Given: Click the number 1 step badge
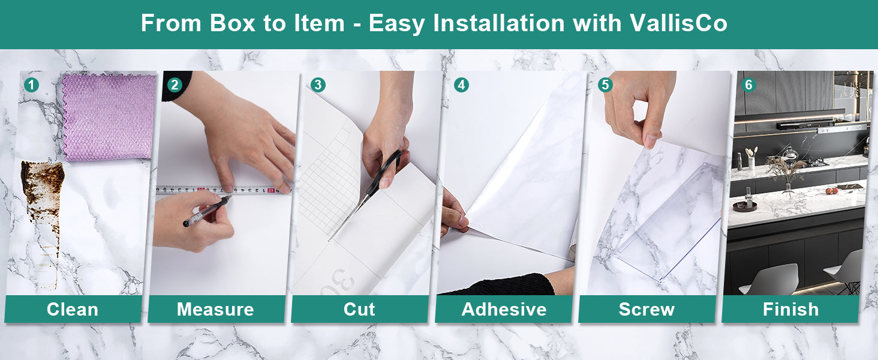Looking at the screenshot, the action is (x=31, y=85).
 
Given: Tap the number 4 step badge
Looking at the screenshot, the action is (x=461, y=85).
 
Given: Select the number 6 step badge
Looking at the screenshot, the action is (x=748, y=85).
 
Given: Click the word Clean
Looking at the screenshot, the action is (x=73, y=310).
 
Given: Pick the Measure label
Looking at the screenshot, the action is (x=215, y=310).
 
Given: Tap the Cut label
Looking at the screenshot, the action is (x=359, y=310).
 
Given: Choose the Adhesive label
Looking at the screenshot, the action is (x=504, y=310).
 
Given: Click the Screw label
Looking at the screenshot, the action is (x=647, y=310).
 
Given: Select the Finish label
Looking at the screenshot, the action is (x=790, y=310).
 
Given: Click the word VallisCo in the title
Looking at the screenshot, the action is (x=678, y=23).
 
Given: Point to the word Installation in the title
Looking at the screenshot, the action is (x=498, y=23).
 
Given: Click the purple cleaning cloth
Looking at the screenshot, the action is (x=108, y=116).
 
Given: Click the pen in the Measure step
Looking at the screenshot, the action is (x=207, y=211).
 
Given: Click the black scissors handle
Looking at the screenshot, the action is (x=388, y=169).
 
